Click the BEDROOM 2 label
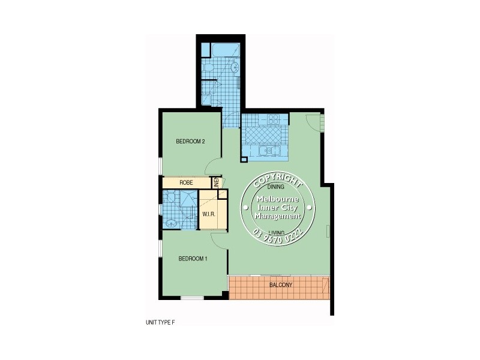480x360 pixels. coord(190,142)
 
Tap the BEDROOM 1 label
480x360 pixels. coord(193,259)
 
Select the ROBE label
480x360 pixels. coord(185,182)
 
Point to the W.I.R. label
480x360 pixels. coord(209,214)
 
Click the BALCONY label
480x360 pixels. coord(280,285)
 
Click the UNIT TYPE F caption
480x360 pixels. coord(159,322)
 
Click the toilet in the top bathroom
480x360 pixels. coord(207,71)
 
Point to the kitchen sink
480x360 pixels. coord(268,151)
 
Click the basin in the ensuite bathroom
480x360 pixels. coord(171,224)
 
